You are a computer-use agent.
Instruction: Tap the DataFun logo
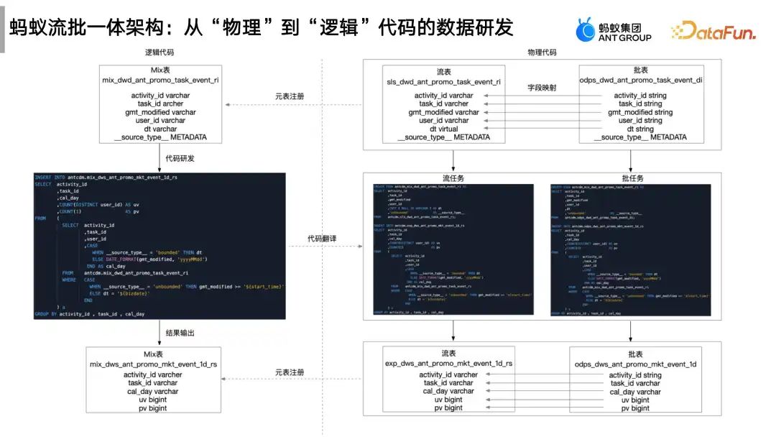coord(713,31)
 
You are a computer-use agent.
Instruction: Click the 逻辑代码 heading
coord(160,52)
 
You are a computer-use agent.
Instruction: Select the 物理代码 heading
coord(542,52)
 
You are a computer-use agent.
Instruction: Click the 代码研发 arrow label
coord(180,158)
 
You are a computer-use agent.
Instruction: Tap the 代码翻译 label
coord(322,239)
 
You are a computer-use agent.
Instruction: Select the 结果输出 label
coord(180,333)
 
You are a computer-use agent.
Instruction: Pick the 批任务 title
coord(632,178)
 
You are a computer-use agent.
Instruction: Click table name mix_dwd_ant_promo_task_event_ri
coord(160,80)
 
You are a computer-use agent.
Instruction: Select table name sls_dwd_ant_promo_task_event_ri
coord(444,82)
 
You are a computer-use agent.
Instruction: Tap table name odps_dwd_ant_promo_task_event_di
coord(639,80)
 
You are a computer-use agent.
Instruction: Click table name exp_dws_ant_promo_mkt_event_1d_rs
coord(449,364)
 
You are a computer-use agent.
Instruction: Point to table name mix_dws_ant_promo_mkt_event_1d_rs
coord(160,364)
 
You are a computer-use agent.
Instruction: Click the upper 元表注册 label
coord(290,96)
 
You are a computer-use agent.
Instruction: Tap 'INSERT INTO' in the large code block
coord(50,176)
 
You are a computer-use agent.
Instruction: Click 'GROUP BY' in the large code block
coord(45,314)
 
